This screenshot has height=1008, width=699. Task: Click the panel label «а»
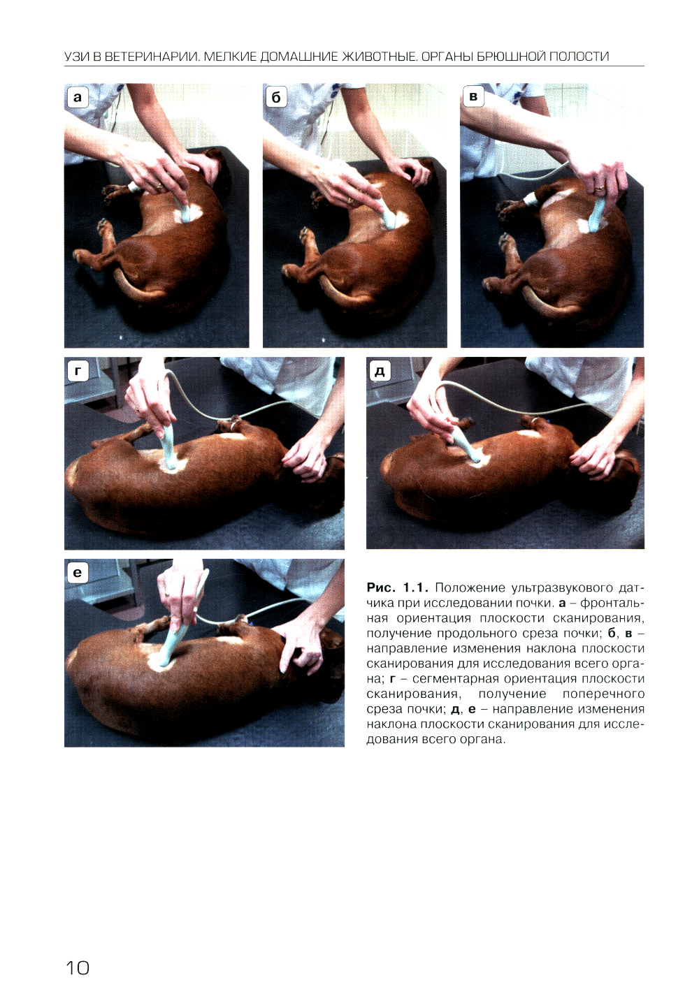(x=78, y=98)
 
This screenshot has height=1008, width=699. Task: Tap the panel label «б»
(x=276, y=98)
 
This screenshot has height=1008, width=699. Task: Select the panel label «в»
(x=473, y=96)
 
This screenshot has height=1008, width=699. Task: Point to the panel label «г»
(x=78, y=371)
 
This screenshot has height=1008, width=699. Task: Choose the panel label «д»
(x=380, y=371)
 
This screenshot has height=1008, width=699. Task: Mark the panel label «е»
(x=78, y=572)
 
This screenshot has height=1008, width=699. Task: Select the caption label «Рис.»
(x=382, y=587)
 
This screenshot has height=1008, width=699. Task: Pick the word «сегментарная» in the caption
(x=451, y=679)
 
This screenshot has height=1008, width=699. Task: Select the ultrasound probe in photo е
(x=171, y=643)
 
